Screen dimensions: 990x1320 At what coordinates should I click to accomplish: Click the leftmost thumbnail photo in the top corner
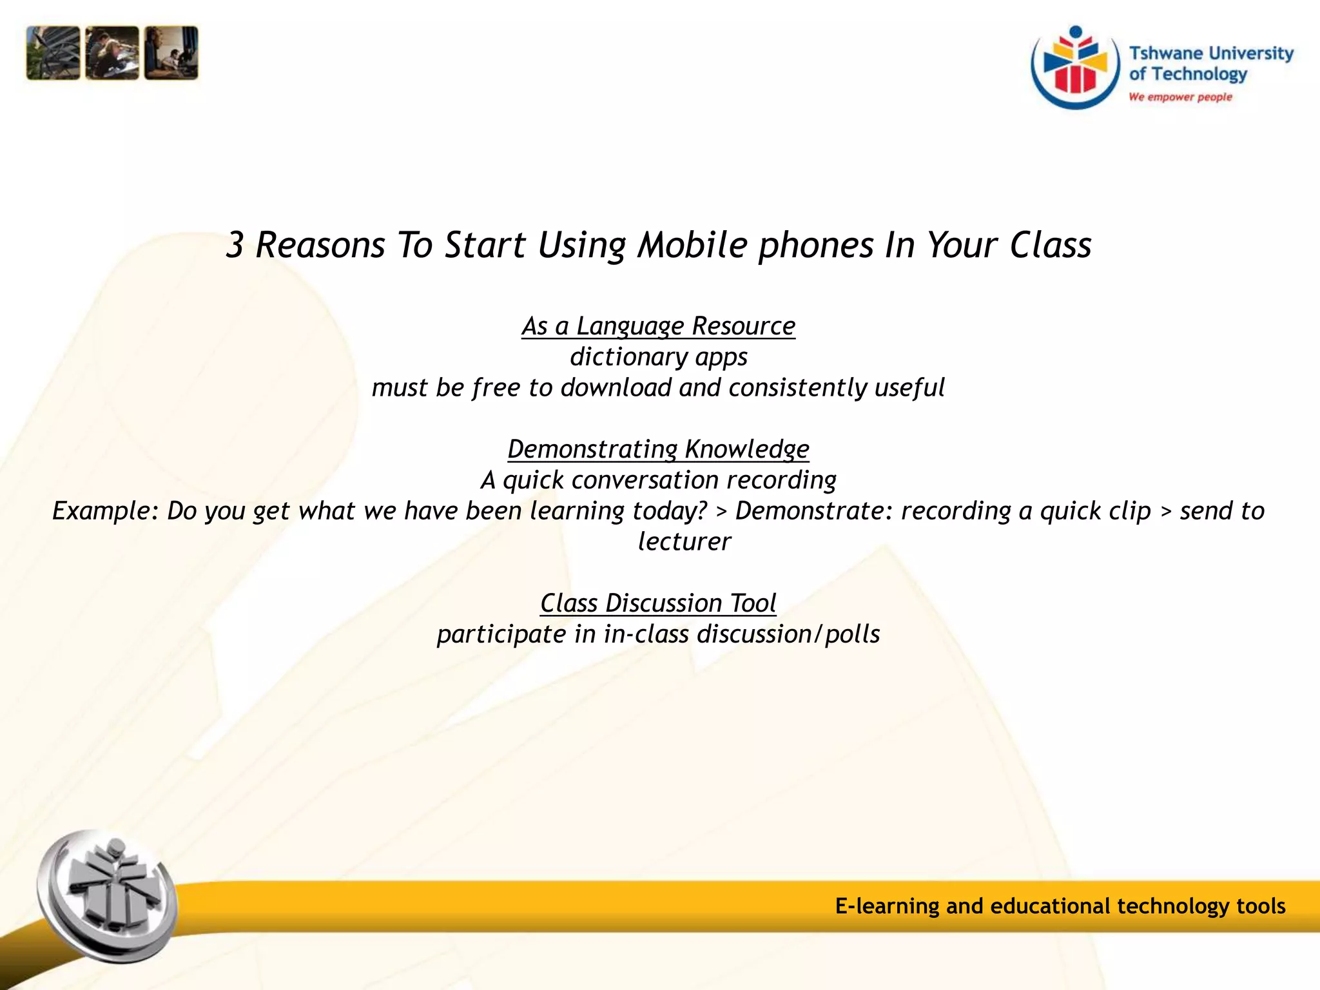tap(53, 53)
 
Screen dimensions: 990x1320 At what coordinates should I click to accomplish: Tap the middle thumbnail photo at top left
tap(112, 53)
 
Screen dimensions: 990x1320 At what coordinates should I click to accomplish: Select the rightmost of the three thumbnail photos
tap(171, 53)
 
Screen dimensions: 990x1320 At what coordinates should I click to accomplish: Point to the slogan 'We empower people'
tap(1180, 97)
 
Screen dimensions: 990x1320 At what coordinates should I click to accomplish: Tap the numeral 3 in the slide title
tap(235, 246)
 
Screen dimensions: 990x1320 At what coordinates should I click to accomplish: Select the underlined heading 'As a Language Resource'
tap(659, 326)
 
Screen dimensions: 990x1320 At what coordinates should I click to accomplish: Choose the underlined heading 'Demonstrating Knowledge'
tap(659, 449)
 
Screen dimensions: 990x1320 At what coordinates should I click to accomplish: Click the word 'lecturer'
tap(684, 542)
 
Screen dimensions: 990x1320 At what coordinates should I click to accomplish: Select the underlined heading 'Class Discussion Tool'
tap(659, 603)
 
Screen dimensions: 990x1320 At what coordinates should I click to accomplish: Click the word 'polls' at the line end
tap(852, 635)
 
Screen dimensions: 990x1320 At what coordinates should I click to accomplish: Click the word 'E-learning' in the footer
tap(887, 906)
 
